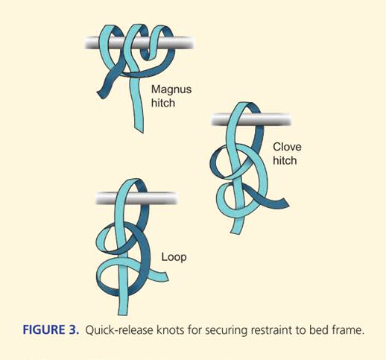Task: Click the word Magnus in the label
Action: (171, 89)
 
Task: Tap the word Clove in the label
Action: (287, 147)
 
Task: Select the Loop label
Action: (174, 257)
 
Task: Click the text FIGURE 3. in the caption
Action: (51, 330)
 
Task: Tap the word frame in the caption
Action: (348, 330)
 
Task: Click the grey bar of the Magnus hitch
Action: (139, 42)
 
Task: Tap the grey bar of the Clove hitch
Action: (251, 119)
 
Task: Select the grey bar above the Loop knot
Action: (136, 198)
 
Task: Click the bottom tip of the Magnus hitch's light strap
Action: (139, 130)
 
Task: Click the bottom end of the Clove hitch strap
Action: (235, 232)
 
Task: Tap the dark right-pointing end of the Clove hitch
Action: (285, 203)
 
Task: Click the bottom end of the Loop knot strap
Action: (123, 312)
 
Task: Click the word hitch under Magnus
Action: (163, 103)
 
